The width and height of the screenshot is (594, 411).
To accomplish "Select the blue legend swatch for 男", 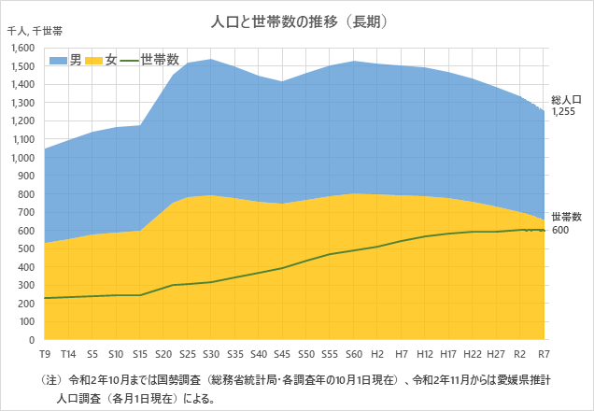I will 57,60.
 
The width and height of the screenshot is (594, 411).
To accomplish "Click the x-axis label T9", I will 45,355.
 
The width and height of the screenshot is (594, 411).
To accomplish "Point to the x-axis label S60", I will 354,355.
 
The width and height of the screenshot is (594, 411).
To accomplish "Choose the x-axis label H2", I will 378,355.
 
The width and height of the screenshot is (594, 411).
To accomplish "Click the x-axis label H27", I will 497,355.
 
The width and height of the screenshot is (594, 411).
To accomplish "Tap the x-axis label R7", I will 544,355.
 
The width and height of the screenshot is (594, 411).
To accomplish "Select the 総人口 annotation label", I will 567,99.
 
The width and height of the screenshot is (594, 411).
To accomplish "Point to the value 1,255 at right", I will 563,111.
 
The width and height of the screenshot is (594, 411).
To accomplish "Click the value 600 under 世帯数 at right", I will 559,230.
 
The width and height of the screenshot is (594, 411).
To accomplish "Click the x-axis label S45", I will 282,355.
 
